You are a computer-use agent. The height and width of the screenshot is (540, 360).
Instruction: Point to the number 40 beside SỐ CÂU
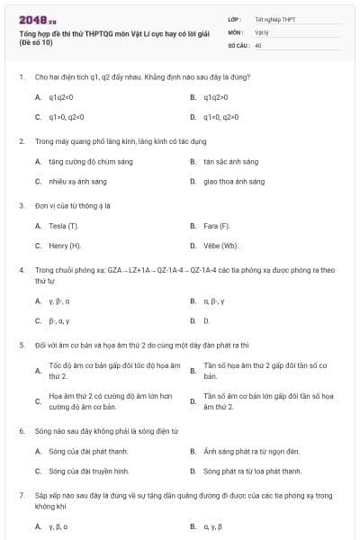[x=258, y=44]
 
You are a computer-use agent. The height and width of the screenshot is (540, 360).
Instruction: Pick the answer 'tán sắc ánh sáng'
[x=230, y=162]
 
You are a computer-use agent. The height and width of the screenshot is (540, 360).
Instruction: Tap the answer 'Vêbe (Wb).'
[x=221, y=245]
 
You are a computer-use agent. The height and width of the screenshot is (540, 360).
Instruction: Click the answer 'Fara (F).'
[x=218, y=225]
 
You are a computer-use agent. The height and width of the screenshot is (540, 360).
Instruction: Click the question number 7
[x=21, y=495]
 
